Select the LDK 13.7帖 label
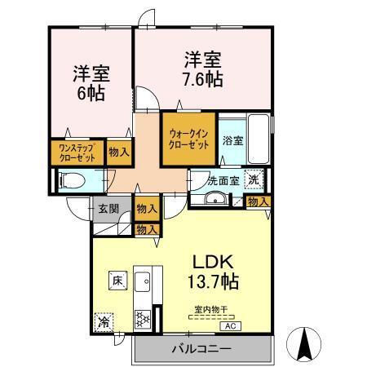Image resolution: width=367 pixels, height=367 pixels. [x=214, y=272]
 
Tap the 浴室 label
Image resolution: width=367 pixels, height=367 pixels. [x=232, y=140]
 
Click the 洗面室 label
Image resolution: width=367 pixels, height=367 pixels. [x=222, y=180]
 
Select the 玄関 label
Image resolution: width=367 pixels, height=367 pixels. [x=108, y=209]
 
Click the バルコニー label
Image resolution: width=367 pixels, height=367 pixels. [x=201, y=349]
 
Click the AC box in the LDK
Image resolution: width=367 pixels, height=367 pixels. [x=232, y=325]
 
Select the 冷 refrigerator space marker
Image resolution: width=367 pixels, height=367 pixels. [x=104, y=322]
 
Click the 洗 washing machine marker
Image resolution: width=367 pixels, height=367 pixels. [x=255, y=180]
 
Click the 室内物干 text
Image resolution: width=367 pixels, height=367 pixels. [x=211, y=308]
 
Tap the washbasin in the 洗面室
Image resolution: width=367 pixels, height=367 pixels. [x=215, y=199]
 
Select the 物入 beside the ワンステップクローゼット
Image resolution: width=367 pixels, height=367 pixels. [x=118, y=153]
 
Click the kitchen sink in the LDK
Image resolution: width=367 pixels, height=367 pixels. [x=143, y=282]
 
